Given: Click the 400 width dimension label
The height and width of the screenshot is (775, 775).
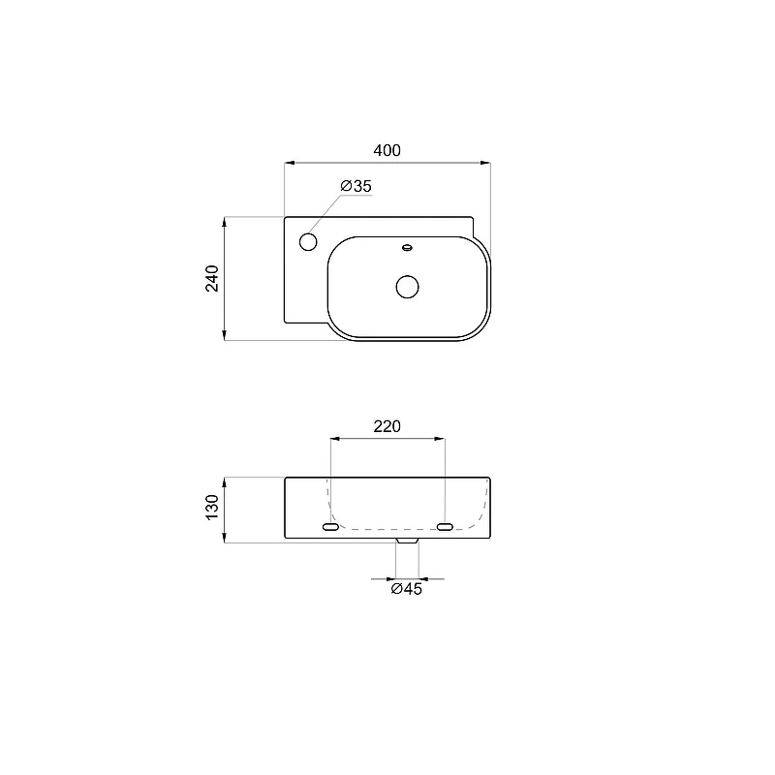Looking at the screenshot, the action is [x=387, y=150].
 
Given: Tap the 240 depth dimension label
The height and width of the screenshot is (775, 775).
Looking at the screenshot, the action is [x=212, y=278].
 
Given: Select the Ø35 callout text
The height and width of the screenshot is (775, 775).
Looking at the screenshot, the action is [x=356, y=186].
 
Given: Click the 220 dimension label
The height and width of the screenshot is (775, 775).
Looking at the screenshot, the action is [x=387, y=426].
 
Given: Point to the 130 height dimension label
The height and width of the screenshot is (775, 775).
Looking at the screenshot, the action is [x=212, y=507].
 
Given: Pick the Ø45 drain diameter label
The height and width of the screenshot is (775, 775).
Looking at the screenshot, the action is [x=406, y=589].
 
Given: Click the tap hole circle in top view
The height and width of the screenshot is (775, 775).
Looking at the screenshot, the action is [x=308, y=241].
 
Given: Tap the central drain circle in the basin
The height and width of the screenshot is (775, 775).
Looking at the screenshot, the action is [x=407, y=287].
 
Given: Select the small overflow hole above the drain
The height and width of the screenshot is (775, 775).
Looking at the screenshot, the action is [x=407, y=247].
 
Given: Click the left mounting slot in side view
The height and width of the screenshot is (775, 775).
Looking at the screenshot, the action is [x=330, y=527].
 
